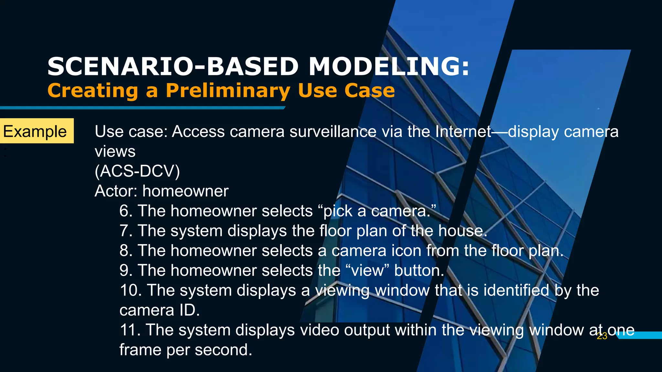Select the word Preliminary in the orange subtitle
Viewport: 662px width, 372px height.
click(x=228, y=90)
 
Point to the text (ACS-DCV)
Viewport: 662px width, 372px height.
click(x=137, y=171)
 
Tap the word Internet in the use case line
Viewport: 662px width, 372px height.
click(x=463, y=131)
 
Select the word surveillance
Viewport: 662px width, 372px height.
click(x=333, y=131)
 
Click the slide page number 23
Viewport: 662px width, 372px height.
click(x=602, y=336)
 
